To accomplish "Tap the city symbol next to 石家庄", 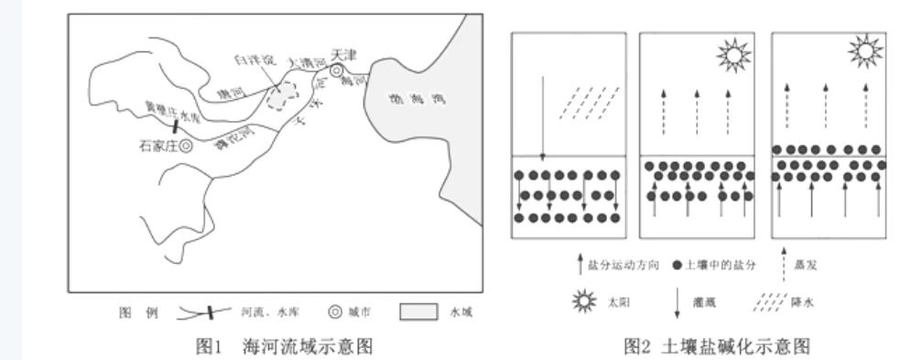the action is [186, 145].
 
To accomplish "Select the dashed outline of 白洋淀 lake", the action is [284, 95].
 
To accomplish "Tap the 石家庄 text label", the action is [157, 145].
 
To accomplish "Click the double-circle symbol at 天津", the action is [338, 71].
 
